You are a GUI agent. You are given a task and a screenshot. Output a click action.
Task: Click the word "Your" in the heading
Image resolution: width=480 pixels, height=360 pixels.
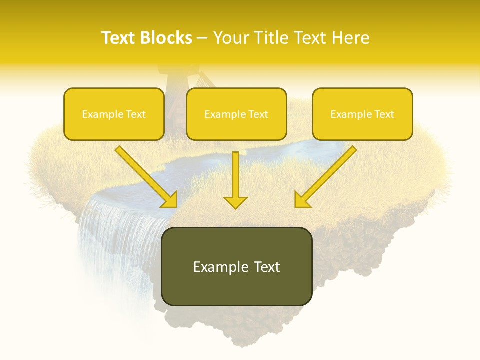(230, 38)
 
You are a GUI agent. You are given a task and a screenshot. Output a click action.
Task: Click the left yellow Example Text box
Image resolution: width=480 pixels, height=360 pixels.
(114, 114)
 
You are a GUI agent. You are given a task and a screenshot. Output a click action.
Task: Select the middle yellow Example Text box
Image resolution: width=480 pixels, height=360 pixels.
(236, 114)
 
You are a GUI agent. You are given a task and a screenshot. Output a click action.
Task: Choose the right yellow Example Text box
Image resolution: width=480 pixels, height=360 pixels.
(362, 114)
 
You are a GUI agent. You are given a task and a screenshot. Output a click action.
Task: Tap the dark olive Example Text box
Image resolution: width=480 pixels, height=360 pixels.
(236, 266)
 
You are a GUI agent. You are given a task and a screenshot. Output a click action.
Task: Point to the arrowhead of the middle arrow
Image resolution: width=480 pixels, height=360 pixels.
(235, 202)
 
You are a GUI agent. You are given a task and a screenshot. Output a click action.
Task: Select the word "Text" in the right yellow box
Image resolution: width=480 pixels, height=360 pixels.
(383, 114)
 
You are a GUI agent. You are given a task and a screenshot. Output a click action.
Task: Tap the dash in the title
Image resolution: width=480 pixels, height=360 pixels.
(202, 38)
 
